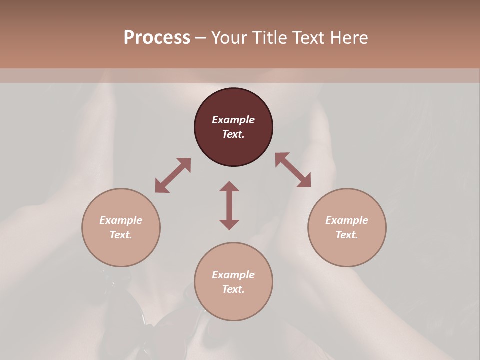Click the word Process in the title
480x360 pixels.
click(157, 38)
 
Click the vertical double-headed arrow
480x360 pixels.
click(229, 205)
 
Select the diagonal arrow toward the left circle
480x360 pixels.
click(173, 175)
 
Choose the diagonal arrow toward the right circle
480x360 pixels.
click(293, 170)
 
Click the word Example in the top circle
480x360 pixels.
click(233, 120)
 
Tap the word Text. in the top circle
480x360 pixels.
click(233, 134)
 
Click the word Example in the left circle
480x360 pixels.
click(121, 220)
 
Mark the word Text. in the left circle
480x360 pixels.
click(121, 235)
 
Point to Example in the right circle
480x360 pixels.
click(347, 220)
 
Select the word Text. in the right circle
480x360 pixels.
click(347, 235)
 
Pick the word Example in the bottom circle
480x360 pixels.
click(233, 275)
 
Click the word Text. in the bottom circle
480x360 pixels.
click(233, 289)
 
